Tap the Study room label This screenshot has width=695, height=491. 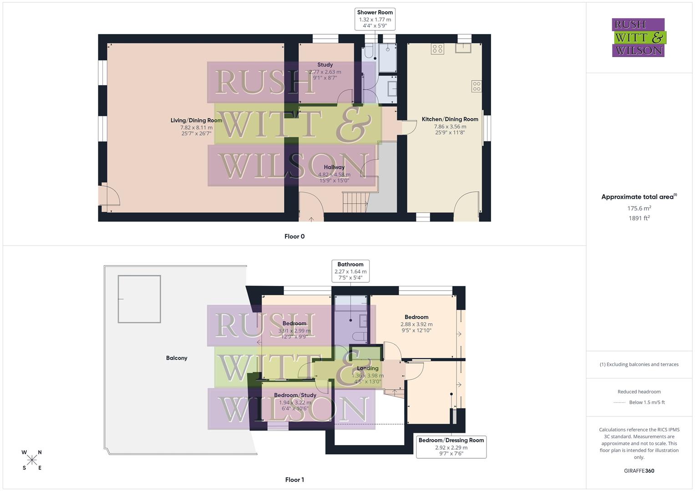tap(325, 65)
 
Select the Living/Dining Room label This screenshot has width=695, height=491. tap(196, 120)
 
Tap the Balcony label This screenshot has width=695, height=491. tap(177, 358)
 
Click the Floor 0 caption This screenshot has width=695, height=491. tap(294, 236)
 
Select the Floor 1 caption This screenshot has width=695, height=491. tap(294, 480)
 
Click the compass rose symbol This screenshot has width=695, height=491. tap(32, 460)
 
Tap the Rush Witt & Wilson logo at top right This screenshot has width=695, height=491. tap(638, 38)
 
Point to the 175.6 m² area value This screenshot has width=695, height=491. tap(639, 208)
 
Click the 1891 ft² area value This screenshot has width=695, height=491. tap(639, 218)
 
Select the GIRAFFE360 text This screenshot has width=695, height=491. tap(639, 471)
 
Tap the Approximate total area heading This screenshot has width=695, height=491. tap(638, 197)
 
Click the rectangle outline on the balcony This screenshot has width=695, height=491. tap(139, 299)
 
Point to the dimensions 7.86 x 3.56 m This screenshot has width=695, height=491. tap(450, 126)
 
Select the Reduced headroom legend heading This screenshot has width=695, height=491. tap(639, 391)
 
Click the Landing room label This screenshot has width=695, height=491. tap(367, 368)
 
